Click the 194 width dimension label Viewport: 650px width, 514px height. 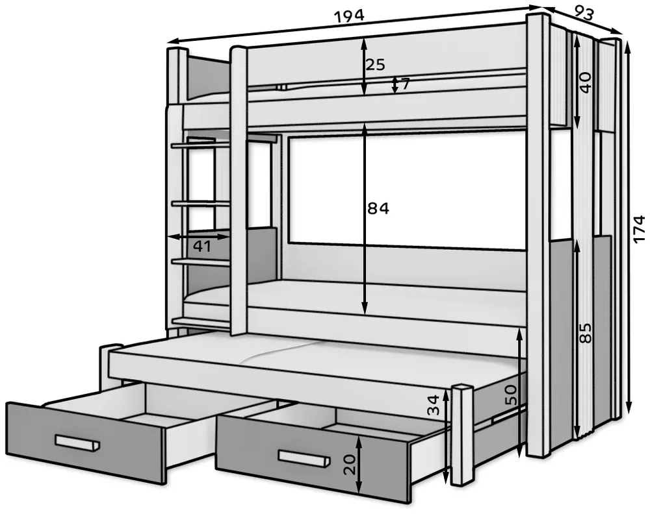coord(349,16)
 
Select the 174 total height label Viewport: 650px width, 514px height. coord(639,228)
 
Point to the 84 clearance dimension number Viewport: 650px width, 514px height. coord(378,209)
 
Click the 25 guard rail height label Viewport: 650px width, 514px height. coord(376,65)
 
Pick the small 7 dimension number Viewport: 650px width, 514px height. coord(405,84)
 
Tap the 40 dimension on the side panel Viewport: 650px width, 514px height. coord(585,82)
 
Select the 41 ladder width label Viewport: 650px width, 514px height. coord(203,247)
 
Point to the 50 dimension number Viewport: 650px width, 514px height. coord(511,395)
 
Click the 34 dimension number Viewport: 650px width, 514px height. coord(433,405)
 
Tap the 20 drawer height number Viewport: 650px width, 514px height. coord(350,464)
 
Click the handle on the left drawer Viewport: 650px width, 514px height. coord(77,442)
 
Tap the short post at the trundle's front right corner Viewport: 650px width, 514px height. coord(461,435)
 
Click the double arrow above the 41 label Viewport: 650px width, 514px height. coord(198,237)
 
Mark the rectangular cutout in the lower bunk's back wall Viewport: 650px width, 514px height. coord(406,193)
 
